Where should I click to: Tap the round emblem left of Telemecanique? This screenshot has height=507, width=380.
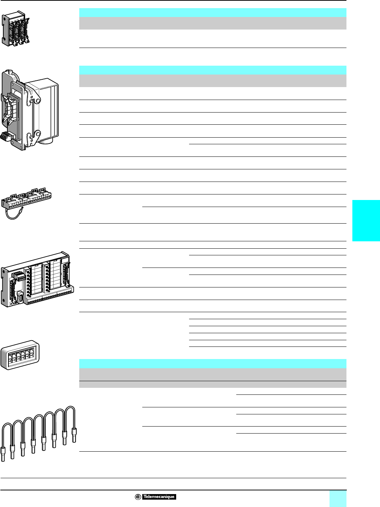pyautogui.click(x=137, y=497)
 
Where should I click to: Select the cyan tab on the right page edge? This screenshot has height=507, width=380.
pyautogui.click(x=366, y=221)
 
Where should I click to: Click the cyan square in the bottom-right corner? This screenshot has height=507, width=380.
pyautogui.click(x=338, y=499)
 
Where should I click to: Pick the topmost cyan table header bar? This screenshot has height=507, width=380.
pyautogui.click(x=213, y=13)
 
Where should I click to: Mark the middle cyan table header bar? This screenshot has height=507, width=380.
pyautogui.click(x=213, y=70)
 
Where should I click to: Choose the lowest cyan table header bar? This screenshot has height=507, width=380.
pyautogui.click(x=213, y=363)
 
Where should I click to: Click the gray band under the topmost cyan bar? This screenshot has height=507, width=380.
pyautogui.click(x=213, y=23)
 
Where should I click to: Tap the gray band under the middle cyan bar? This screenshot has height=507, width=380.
pyautogui.click(x=213, y=80)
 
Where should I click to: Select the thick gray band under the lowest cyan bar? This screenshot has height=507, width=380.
pyautogui.click(x=213, y=374)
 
